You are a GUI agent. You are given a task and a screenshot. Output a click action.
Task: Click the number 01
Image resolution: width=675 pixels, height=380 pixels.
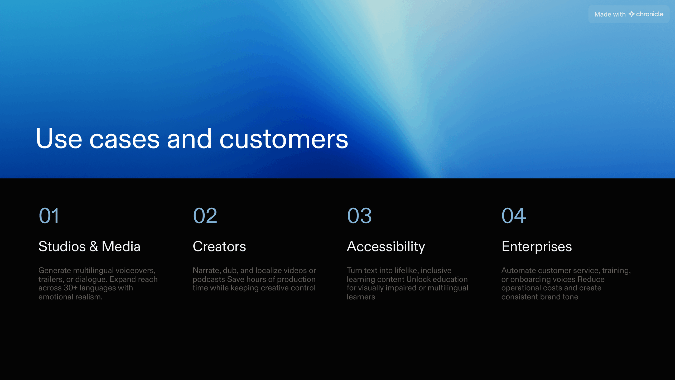49,216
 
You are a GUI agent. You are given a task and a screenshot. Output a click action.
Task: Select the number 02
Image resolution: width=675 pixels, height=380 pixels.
205,216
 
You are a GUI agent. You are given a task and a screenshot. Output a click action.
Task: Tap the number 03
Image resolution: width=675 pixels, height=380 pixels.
359,216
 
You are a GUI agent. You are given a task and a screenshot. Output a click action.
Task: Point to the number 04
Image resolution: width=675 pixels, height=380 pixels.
513,216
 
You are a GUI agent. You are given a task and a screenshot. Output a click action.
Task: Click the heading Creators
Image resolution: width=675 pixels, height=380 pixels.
219,246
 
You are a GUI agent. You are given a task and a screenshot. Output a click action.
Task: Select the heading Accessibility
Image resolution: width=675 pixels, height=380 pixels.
385,246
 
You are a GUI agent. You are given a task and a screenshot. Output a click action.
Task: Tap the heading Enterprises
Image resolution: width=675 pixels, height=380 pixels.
537,246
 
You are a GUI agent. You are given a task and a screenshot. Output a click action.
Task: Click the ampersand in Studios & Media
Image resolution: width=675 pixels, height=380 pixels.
94,246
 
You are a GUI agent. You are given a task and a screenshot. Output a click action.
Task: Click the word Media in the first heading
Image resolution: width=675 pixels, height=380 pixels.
121,246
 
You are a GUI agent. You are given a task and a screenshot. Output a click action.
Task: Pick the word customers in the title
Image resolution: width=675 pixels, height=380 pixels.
284,139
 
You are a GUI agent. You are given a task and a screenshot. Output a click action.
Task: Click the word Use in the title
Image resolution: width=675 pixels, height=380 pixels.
59,139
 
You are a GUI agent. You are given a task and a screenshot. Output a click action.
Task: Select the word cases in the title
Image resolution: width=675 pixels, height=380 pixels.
124,139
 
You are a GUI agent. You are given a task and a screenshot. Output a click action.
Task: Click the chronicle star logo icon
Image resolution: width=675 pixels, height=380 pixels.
631,14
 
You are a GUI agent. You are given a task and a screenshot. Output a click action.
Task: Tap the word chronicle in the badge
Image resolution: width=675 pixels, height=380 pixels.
650,14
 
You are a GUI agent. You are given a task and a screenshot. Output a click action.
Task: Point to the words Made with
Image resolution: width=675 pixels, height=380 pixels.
610,14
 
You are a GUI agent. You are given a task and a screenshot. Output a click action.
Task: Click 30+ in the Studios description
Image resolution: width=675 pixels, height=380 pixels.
70,288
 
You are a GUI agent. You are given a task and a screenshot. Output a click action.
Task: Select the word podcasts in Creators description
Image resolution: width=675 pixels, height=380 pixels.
209,279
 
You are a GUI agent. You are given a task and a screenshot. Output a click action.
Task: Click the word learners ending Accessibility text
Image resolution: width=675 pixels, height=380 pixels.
360,297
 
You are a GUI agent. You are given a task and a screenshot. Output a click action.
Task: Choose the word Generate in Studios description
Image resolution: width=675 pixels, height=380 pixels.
55,270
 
